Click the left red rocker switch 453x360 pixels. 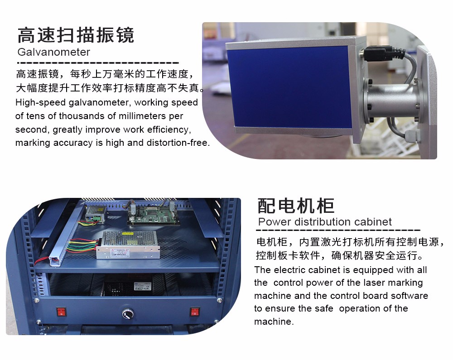pyautogui.click(x=61, y=312)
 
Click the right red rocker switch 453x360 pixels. pyautogui.click(x=195, y=312)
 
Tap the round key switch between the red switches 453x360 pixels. pyautogui.click(x=128, y=313)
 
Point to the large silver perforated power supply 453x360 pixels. pyautogui.click(x=128, y=244)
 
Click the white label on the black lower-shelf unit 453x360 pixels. pyautogui.click(x=143, y=286)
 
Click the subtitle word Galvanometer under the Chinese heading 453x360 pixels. pyautogui.click(x=54, y=52)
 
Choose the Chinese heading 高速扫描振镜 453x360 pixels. pyautogui.click(x=76, y=35)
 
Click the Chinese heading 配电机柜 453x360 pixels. pyautogui.click(x=296, y=206)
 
